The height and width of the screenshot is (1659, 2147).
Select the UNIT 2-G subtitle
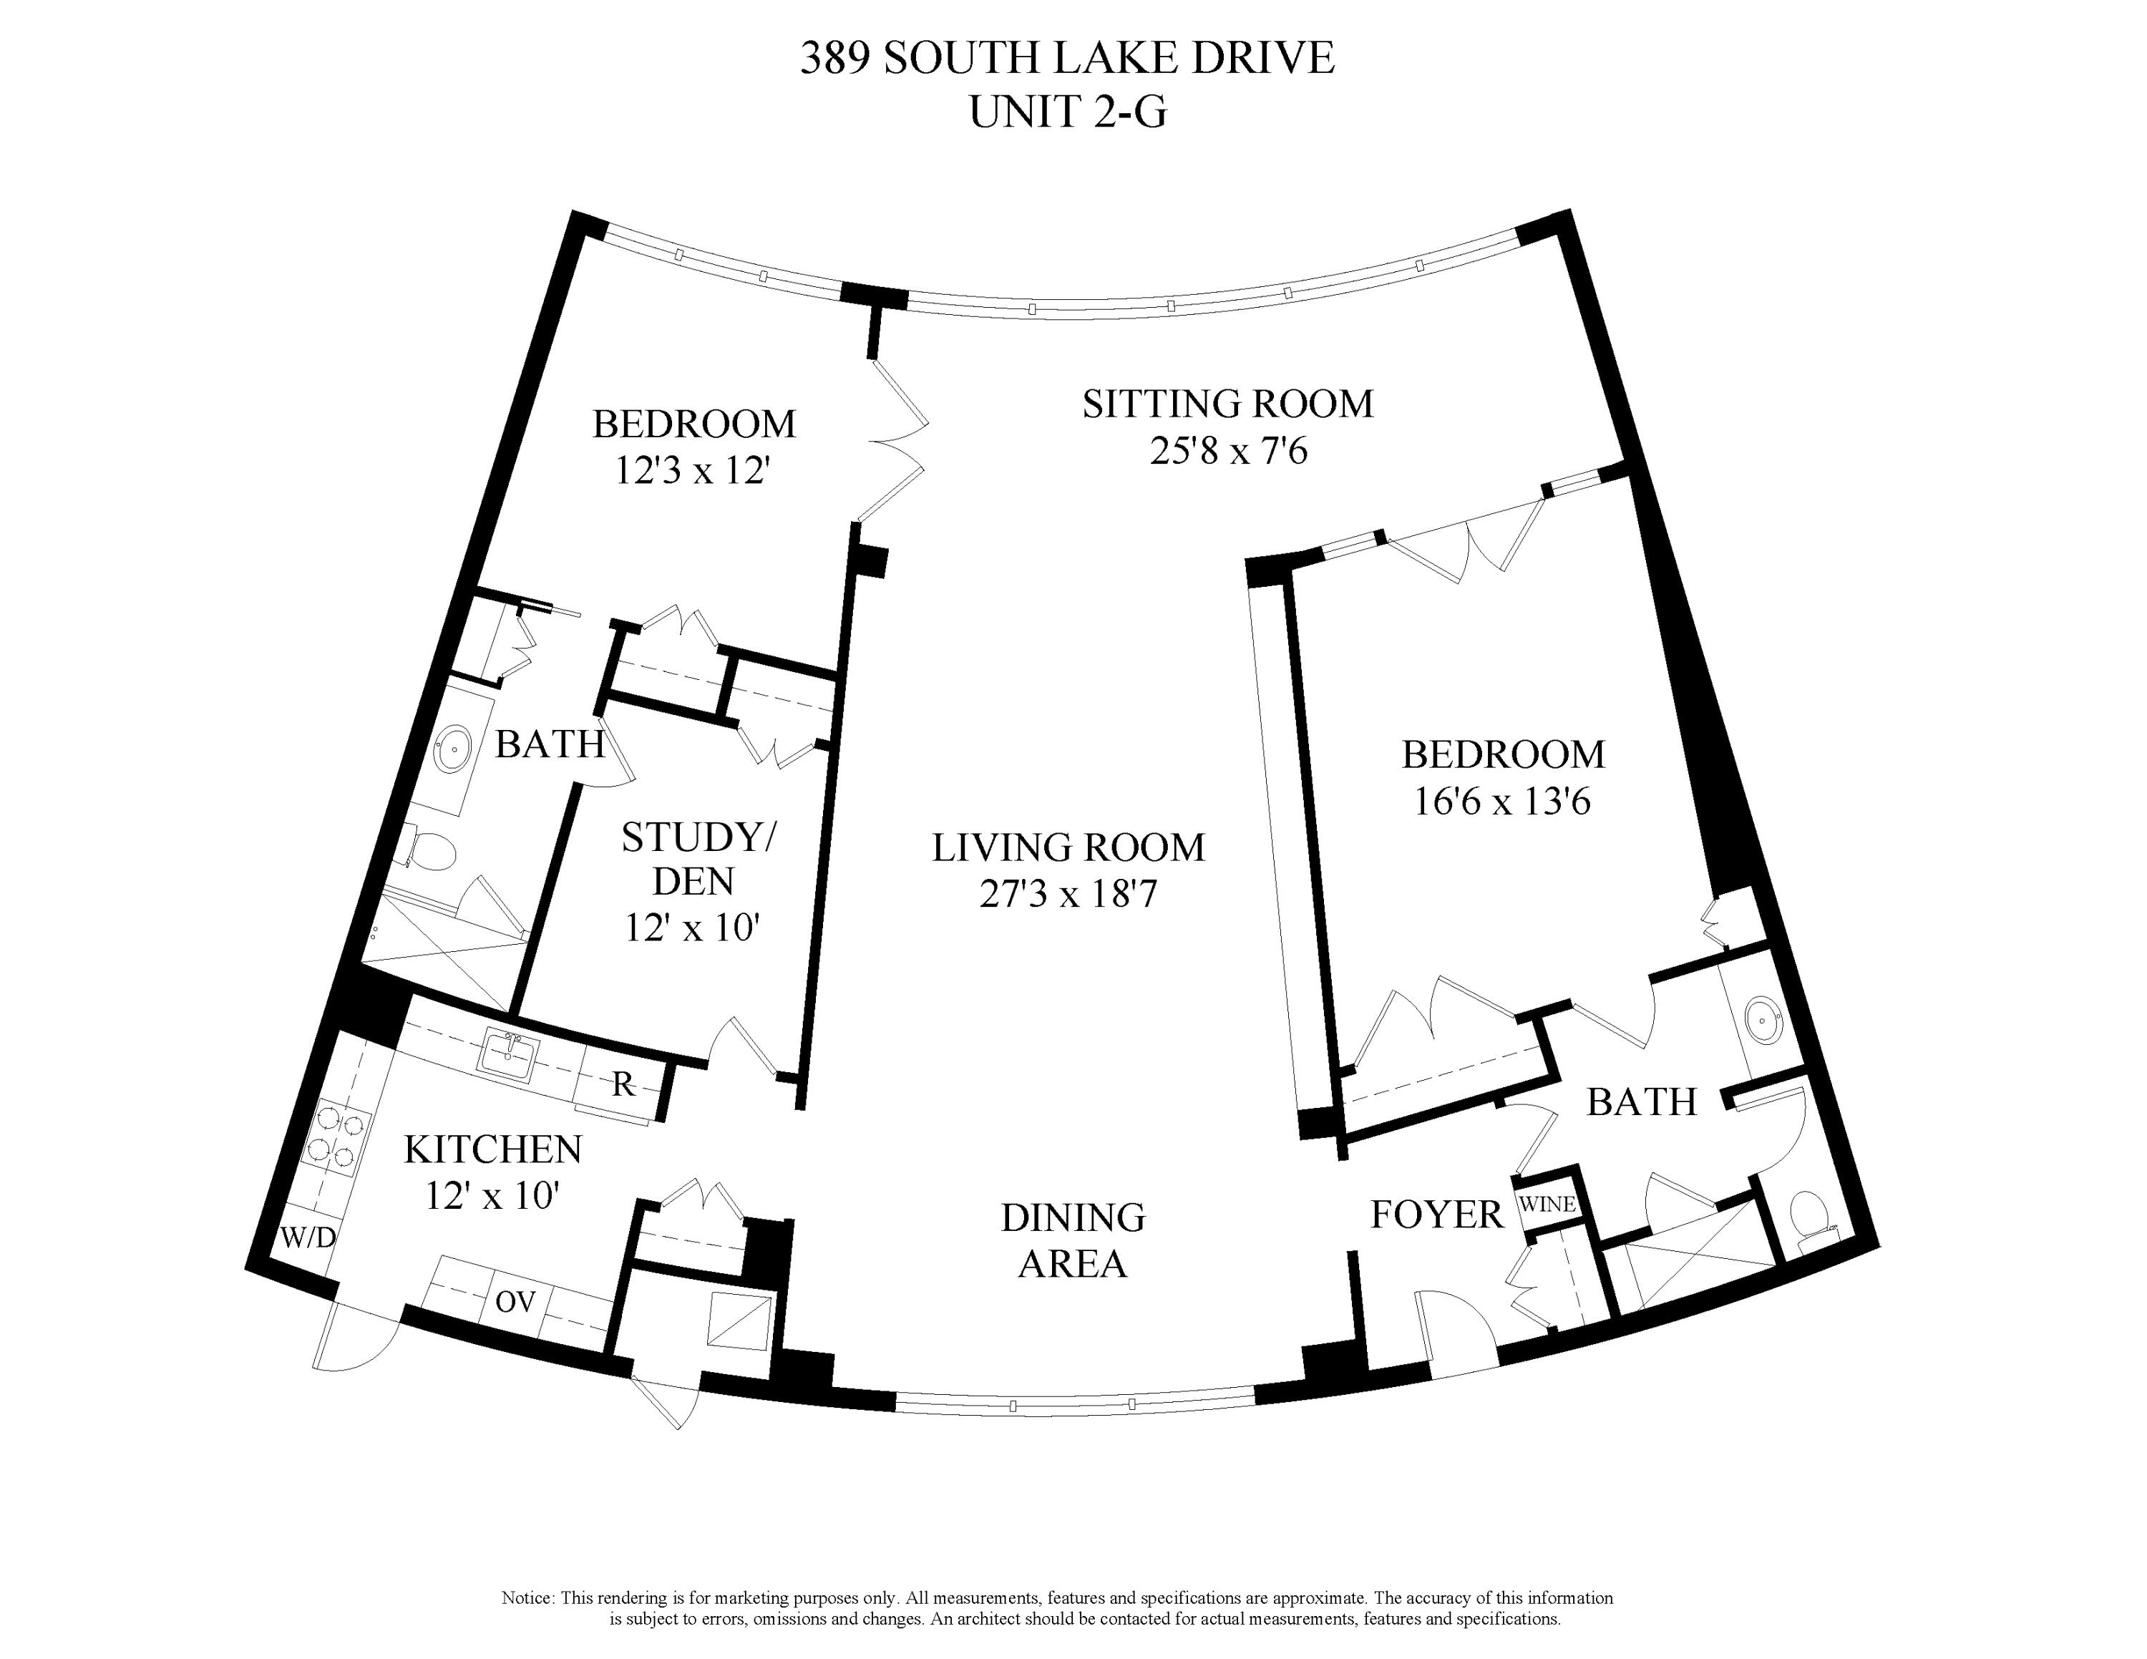(1068, 112)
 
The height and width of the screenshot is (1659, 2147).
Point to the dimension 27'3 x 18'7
(1068, 895)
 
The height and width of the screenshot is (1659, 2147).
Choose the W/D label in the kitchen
(308, 1238)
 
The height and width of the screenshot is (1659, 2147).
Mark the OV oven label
(515, 1303)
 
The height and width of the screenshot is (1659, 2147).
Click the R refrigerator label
(623, 1084)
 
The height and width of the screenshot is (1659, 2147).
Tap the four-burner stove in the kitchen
(334, 1141)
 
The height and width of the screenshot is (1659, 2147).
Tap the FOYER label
(1436, 1215)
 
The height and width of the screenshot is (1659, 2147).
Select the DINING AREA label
(1073, 1240)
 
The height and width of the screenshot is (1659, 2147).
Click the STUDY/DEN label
(696, 859)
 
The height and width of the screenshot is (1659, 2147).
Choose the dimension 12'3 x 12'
(692, 471)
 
